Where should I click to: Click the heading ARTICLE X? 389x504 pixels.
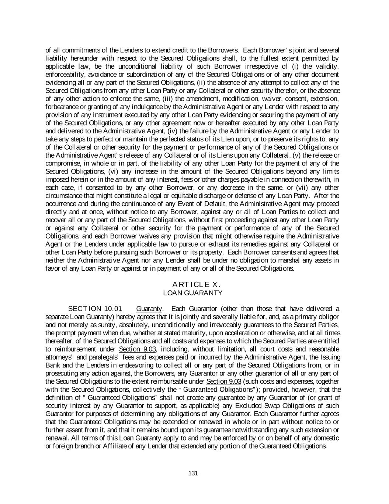coord(196,284)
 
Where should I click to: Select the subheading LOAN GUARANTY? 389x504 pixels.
coord(192,293)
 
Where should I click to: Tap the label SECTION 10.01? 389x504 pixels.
coord(95,309)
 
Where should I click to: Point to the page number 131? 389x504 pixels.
coord(193,473)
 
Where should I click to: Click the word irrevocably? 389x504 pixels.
coord(227,325)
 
